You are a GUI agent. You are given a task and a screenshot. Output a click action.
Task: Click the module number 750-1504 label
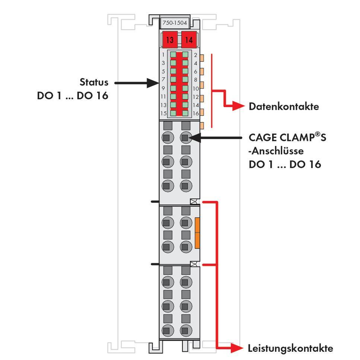click(175, 23)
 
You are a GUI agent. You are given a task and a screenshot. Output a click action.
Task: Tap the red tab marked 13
click(170, 40)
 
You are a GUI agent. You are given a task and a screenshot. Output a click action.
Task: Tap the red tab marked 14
click(189, 40)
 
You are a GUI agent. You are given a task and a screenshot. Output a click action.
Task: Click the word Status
click(94, 82)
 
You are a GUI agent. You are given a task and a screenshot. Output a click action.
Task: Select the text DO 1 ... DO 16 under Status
click(73, 96)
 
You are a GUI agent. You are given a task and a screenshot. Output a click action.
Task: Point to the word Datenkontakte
click(284, 107)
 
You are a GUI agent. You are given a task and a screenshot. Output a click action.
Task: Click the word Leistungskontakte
click(290, 348)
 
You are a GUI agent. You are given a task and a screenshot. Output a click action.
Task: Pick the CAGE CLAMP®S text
click(287, 138)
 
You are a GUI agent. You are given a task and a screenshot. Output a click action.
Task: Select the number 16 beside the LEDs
click(196, 113)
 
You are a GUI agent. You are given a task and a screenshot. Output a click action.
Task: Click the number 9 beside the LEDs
click(163, 88)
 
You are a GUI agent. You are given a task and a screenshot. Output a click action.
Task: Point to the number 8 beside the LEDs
click(196, 80)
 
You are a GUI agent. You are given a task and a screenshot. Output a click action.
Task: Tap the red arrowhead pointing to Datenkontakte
click(238, 107)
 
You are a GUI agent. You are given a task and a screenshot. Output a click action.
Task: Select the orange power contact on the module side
click(197, 233)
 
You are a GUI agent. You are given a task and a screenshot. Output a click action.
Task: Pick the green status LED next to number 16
click(185, 113)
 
